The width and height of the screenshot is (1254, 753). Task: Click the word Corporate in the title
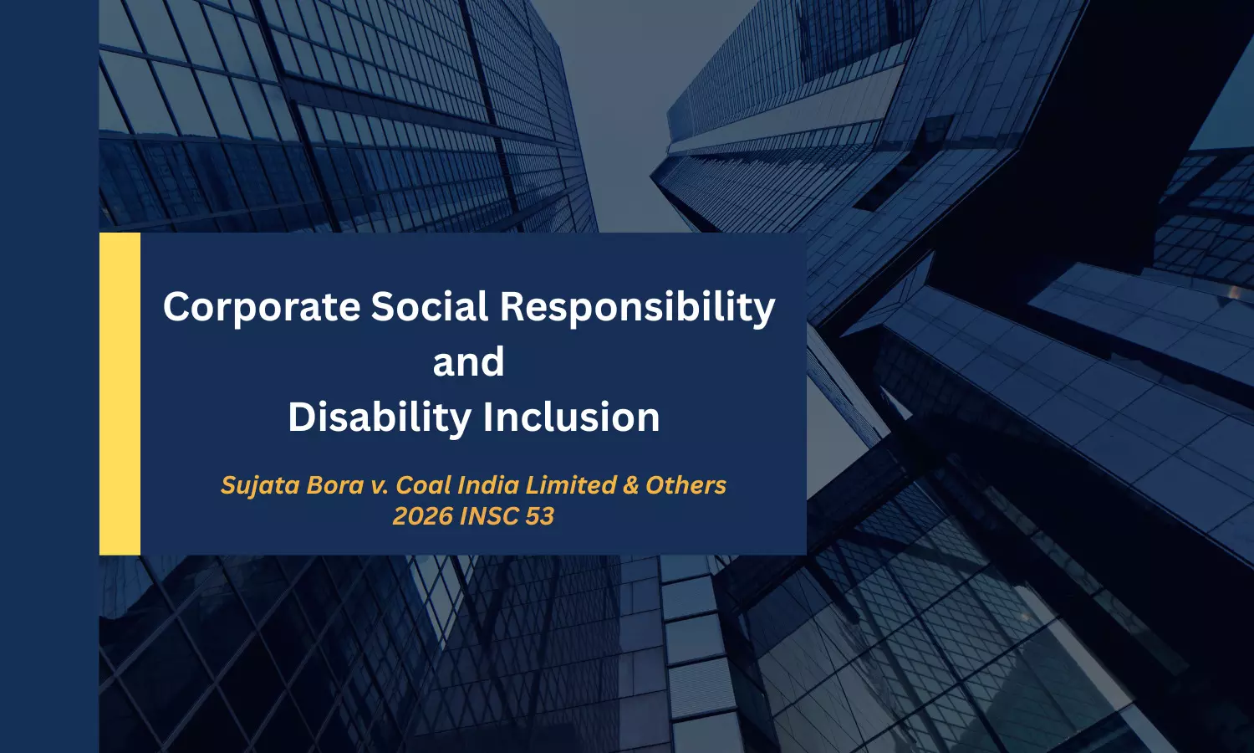tap(262, 307)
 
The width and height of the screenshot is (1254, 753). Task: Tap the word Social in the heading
tap(430, 306)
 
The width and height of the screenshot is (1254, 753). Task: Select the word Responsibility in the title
tap(638, 307)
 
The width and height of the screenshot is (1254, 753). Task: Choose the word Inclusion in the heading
tap(572, 417)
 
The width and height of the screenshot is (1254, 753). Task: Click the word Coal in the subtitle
tap(420, 485)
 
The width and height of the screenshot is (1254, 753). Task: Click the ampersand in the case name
tap(631, 486)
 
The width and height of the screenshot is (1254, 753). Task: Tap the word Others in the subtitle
tap(686, 485)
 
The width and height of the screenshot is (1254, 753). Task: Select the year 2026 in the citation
tap(423, 516)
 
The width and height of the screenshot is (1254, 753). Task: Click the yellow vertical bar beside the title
tap(120, 394)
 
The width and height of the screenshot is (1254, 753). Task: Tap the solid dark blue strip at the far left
tap(49, 376)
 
